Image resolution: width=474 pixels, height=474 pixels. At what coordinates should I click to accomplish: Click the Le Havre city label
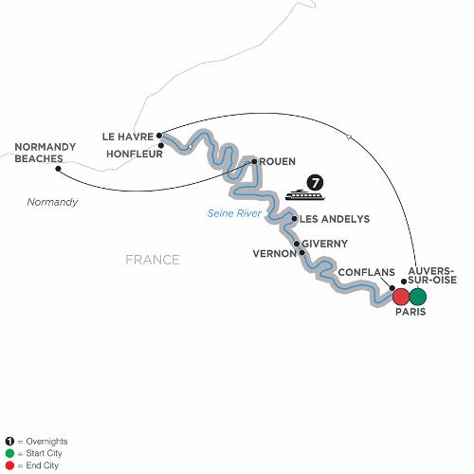(x=128, y=137)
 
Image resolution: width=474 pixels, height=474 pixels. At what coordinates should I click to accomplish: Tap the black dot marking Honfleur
(x=161, y=146)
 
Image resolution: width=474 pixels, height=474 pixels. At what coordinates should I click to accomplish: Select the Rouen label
(x=278, y=161)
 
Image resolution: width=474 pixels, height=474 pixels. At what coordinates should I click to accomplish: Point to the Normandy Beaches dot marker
(x=58, y=169)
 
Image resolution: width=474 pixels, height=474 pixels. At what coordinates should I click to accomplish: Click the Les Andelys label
(x=335, y=219)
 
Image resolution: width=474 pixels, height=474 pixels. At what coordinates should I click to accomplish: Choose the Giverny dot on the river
(x=297, y=244)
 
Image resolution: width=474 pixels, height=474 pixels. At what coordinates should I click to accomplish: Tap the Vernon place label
(x=275, y=254)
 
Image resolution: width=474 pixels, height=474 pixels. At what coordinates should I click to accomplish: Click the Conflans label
(x=367, y=272)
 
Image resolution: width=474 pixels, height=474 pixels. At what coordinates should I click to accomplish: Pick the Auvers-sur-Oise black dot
(x=404, y=282)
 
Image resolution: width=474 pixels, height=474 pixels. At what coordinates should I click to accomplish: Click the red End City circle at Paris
(x=401, y=297)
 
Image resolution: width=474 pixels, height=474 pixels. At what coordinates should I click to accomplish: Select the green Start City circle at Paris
(x=418, y=297)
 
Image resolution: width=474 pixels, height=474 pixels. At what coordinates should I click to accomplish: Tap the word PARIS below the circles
(x=410, y=312)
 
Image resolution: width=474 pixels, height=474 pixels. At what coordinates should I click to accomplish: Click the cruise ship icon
(x=304, y=195)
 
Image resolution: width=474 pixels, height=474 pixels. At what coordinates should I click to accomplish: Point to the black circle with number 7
(x=315, y=183)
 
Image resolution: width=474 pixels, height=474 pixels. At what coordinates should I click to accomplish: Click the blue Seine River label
(x=234, y=213)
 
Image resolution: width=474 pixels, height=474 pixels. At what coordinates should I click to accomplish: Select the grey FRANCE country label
(x=153, y=260)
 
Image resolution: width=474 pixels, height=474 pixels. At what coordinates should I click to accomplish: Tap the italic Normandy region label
(x=52, y=202)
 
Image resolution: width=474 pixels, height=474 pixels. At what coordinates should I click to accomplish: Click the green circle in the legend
(x=10, y=453)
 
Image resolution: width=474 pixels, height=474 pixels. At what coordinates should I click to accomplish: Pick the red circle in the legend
(x=10, y=465)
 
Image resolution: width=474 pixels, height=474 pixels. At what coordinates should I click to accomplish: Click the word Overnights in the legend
(x=46, y=442)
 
